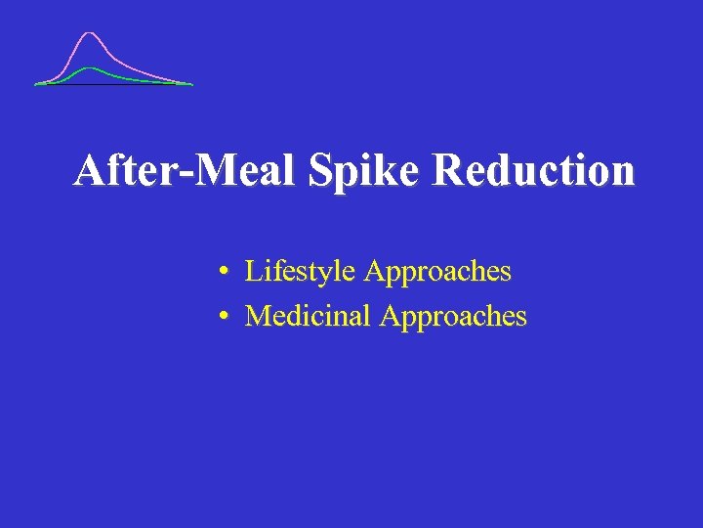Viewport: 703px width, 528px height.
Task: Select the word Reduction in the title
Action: pyautogui.click(x=534, y=170)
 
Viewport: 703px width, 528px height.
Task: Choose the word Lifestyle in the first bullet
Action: pyautogui.click(x=301, y=271)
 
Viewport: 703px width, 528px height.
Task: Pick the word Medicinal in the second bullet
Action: pyautogui.click(x=309, y=316)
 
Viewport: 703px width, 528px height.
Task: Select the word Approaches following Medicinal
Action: pyautogui.click(x=454, y=316)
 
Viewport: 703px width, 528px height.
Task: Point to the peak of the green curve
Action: pyautogui.click(x=91, y=67)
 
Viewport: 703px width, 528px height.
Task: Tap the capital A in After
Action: pyautogui.click(x=90, y=170)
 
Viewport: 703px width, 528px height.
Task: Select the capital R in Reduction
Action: pyautogui.click(x=447, y=170)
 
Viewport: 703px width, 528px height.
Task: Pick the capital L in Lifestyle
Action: pyautogui.click(x=252, y=271)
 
